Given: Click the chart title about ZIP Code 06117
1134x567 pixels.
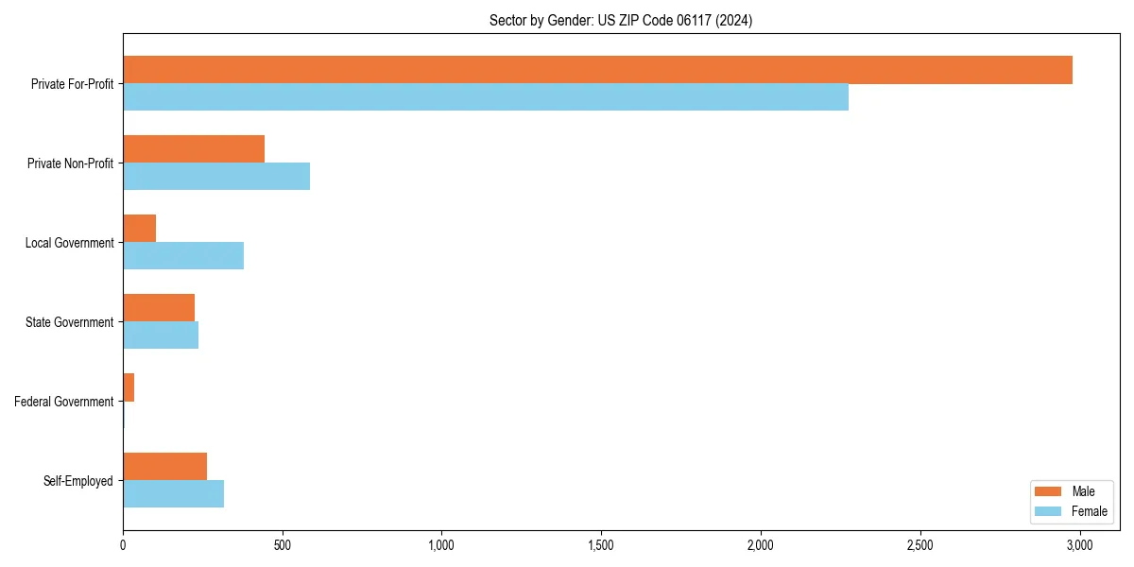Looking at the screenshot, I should coord(621,20).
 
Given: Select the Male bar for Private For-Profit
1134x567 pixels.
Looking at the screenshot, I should coord(597,70).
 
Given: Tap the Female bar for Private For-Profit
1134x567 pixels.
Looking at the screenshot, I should coord(486,97).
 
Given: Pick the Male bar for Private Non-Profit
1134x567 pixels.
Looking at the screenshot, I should coord(194,149).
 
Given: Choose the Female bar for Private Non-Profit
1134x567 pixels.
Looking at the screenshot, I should coord(216,177).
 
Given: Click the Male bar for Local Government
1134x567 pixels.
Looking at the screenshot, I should coord(140,229).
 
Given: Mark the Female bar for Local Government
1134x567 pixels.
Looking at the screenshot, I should coord(183,256).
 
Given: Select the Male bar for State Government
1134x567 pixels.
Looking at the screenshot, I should coord(159,308).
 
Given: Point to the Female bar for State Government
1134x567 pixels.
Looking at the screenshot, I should coord(161,335).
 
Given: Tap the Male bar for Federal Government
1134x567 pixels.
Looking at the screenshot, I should coord(129,387).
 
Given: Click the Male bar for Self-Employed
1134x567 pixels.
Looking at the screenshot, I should coord(165,467).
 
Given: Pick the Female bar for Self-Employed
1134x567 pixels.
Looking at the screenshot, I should coord(174,494).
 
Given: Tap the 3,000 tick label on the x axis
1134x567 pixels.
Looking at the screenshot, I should coord(1079,545).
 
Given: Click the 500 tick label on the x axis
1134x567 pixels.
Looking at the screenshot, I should coord(282,545).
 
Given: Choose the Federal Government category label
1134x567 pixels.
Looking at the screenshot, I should coord(64,402).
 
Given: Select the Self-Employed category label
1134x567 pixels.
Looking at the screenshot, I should coord(78,481).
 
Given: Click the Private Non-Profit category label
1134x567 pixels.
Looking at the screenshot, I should coord(70,163).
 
